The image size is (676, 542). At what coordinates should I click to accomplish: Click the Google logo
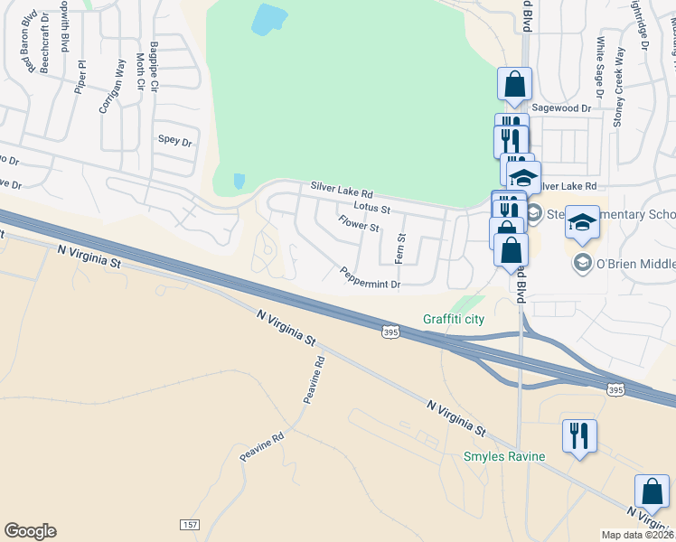point(30,531)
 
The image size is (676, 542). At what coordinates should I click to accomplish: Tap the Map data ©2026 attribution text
point(638,535)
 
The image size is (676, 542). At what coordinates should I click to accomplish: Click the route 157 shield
point(190,525)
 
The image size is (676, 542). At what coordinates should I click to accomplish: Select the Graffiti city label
point(454,319)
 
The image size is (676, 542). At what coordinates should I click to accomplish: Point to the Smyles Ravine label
point(504,456)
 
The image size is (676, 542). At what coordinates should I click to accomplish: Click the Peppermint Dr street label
point(370,277)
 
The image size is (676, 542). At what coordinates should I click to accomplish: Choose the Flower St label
point(359,223)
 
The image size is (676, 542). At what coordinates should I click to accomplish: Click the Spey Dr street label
point(175,141)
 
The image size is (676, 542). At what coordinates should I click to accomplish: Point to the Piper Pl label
point(81,77)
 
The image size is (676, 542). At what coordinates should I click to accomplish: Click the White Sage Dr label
point(599,60)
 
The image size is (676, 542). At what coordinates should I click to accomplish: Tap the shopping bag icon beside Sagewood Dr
point(514,85)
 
